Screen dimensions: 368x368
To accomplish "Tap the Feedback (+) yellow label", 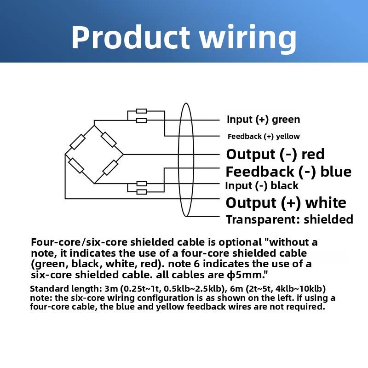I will tap(264, 136).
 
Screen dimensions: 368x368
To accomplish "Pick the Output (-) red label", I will tap(275, 154).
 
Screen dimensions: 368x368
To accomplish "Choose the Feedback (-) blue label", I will tap(288, 172).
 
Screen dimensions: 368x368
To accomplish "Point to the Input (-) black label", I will tap(262, 186).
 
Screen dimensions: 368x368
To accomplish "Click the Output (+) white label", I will tap(286, 203).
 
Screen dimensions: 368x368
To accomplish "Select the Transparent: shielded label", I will tap(289, 219).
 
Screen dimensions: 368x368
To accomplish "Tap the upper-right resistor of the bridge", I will tap(109, 139).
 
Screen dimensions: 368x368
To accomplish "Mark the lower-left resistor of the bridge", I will tap(76, 166).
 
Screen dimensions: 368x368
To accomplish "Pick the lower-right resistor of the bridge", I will tap(110, 167).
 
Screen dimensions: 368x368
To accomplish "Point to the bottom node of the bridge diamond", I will tap(94, 183).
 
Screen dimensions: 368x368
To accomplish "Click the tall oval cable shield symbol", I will tap(185, 160).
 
